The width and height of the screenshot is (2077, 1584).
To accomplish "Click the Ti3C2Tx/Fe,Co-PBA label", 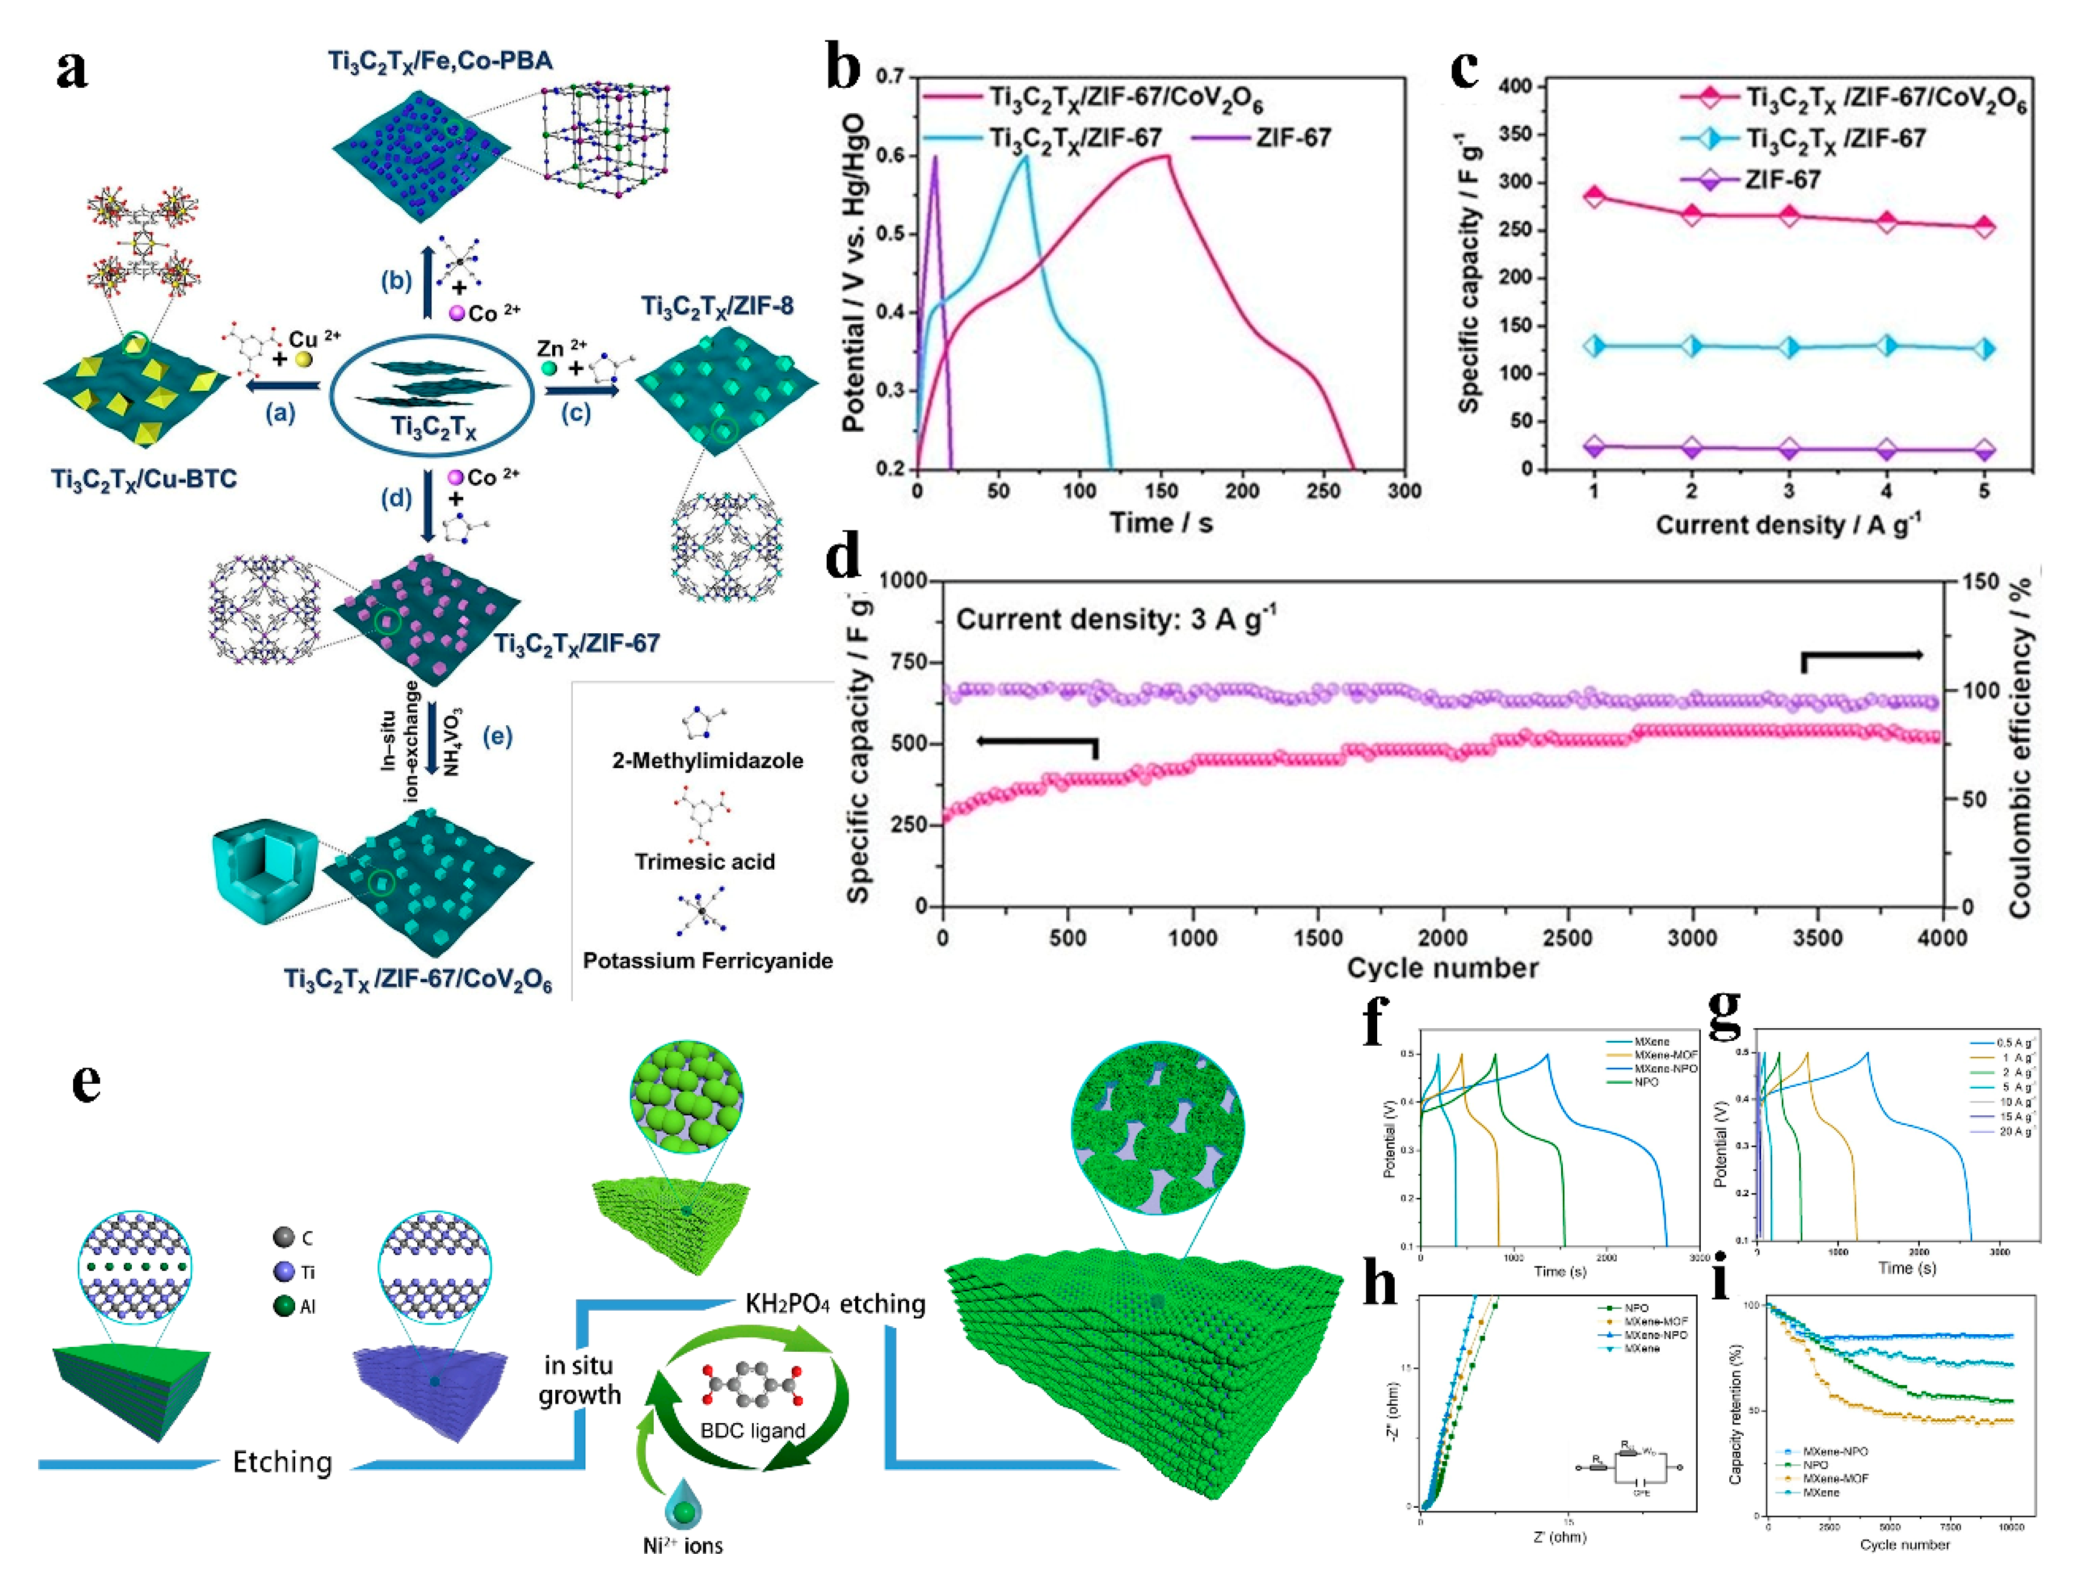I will pos(440,61).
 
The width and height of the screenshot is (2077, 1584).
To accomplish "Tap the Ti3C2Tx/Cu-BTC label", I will pos(144,479).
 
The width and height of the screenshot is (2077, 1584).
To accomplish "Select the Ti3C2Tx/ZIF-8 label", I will pos(717,305).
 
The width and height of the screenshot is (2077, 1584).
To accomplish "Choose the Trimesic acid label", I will pos(704,861).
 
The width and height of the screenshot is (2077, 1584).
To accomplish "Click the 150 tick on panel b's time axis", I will pos(1161,491).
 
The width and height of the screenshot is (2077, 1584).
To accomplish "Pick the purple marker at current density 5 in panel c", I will pos(1984,450).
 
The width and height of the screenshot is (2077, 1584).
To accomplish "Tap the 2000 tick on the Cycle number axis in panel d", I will pos(1443,937).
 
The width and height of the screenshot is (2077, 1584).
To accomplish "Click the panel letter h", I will pos(1380,1284).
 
